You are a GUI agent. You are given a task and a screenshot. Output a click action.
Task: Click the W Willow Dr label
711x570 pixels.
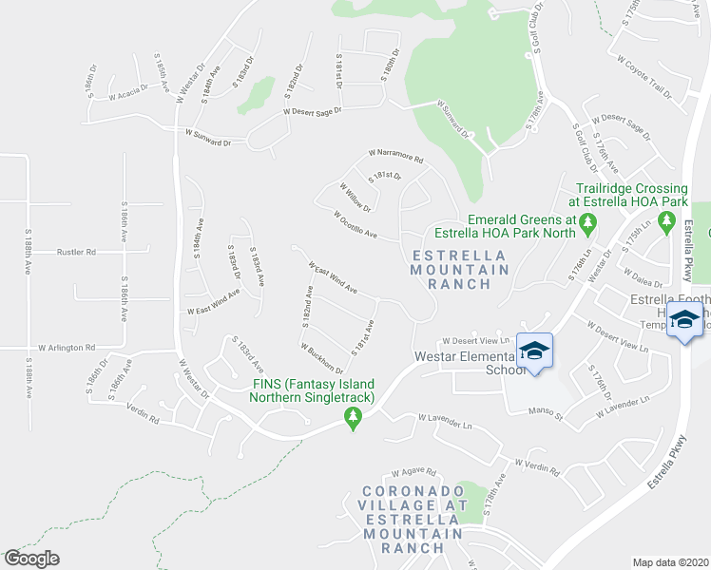[x=355, y=197]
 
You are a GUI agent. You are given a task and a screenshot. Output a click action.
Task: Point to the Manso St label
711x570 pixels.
[x=546, y=413]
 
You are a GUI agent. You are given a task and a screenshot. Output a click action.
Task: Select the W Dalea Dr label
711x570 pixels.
[x=642, y=276]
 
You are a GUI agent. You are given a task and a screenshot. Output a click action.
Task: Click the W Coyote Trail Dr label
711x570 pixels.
[x=644, y=77]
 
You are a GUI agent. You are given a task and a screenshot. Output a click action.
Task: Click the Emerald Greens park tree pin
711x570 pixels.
[x=587, y=223]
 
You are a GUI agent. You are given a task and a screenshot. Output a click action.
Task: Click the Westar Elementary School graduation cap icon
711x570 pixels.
[x=534, y=351]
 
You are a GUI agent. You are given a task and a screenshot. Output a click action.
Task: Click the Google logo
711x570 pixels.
[x=32, y=559]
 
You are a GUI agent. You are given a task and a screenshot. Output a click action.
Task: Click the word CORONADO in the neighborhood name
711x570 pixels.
[x=412, y=492]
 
